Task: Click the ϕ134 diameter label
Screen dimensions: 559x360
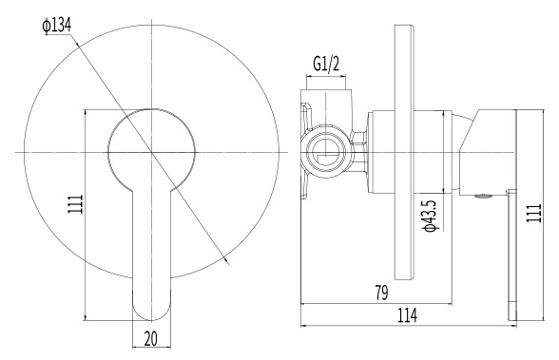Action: [x=57, y=26]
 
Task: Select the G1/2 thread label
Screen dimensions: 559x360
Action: [x=326, y=65]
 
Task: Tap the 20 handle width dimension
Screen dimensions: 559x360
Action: [x=151, y=338]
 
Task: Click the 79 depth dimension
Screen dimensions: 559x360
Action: [x=381, y=294]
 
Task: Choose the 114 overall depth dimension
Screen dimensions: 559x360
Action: [x=407, y=315]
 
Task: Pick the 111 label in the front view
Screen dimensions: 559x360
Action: [x=75, y=204]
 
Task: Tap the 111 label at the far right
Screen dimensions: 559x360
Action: [x=533, y=213]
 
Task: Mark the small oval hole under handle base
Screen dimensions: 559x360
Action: [x=482, y=196]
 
